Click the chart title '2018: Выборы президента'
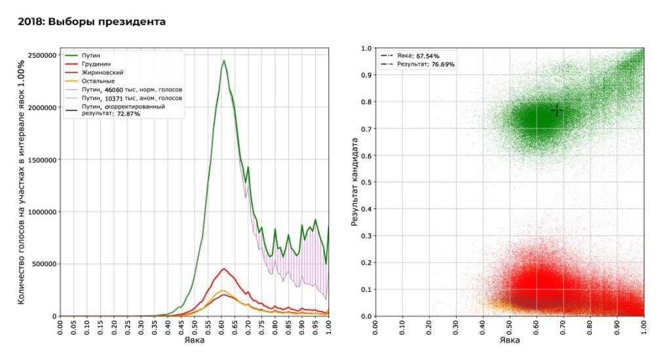[91, 22]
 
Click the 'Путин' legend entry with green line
[90, 56]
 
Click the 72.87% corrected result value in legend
[128, 113]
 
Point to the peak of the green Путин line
[223, 61]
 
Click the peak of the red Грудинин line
[223, 268]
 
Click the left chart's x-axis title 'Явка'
[194, 340]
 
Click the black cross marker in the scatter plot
[557, 110]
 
